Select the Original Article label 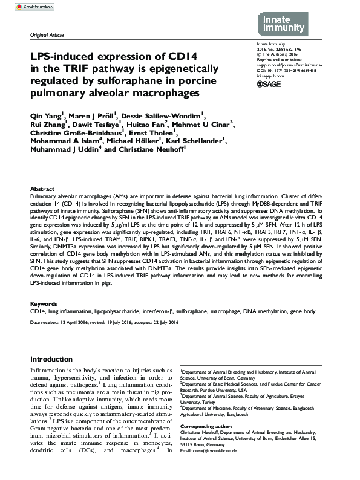click(47, 36)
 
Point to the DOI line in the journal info click(291, 70)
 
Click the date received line click(59, 322)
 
